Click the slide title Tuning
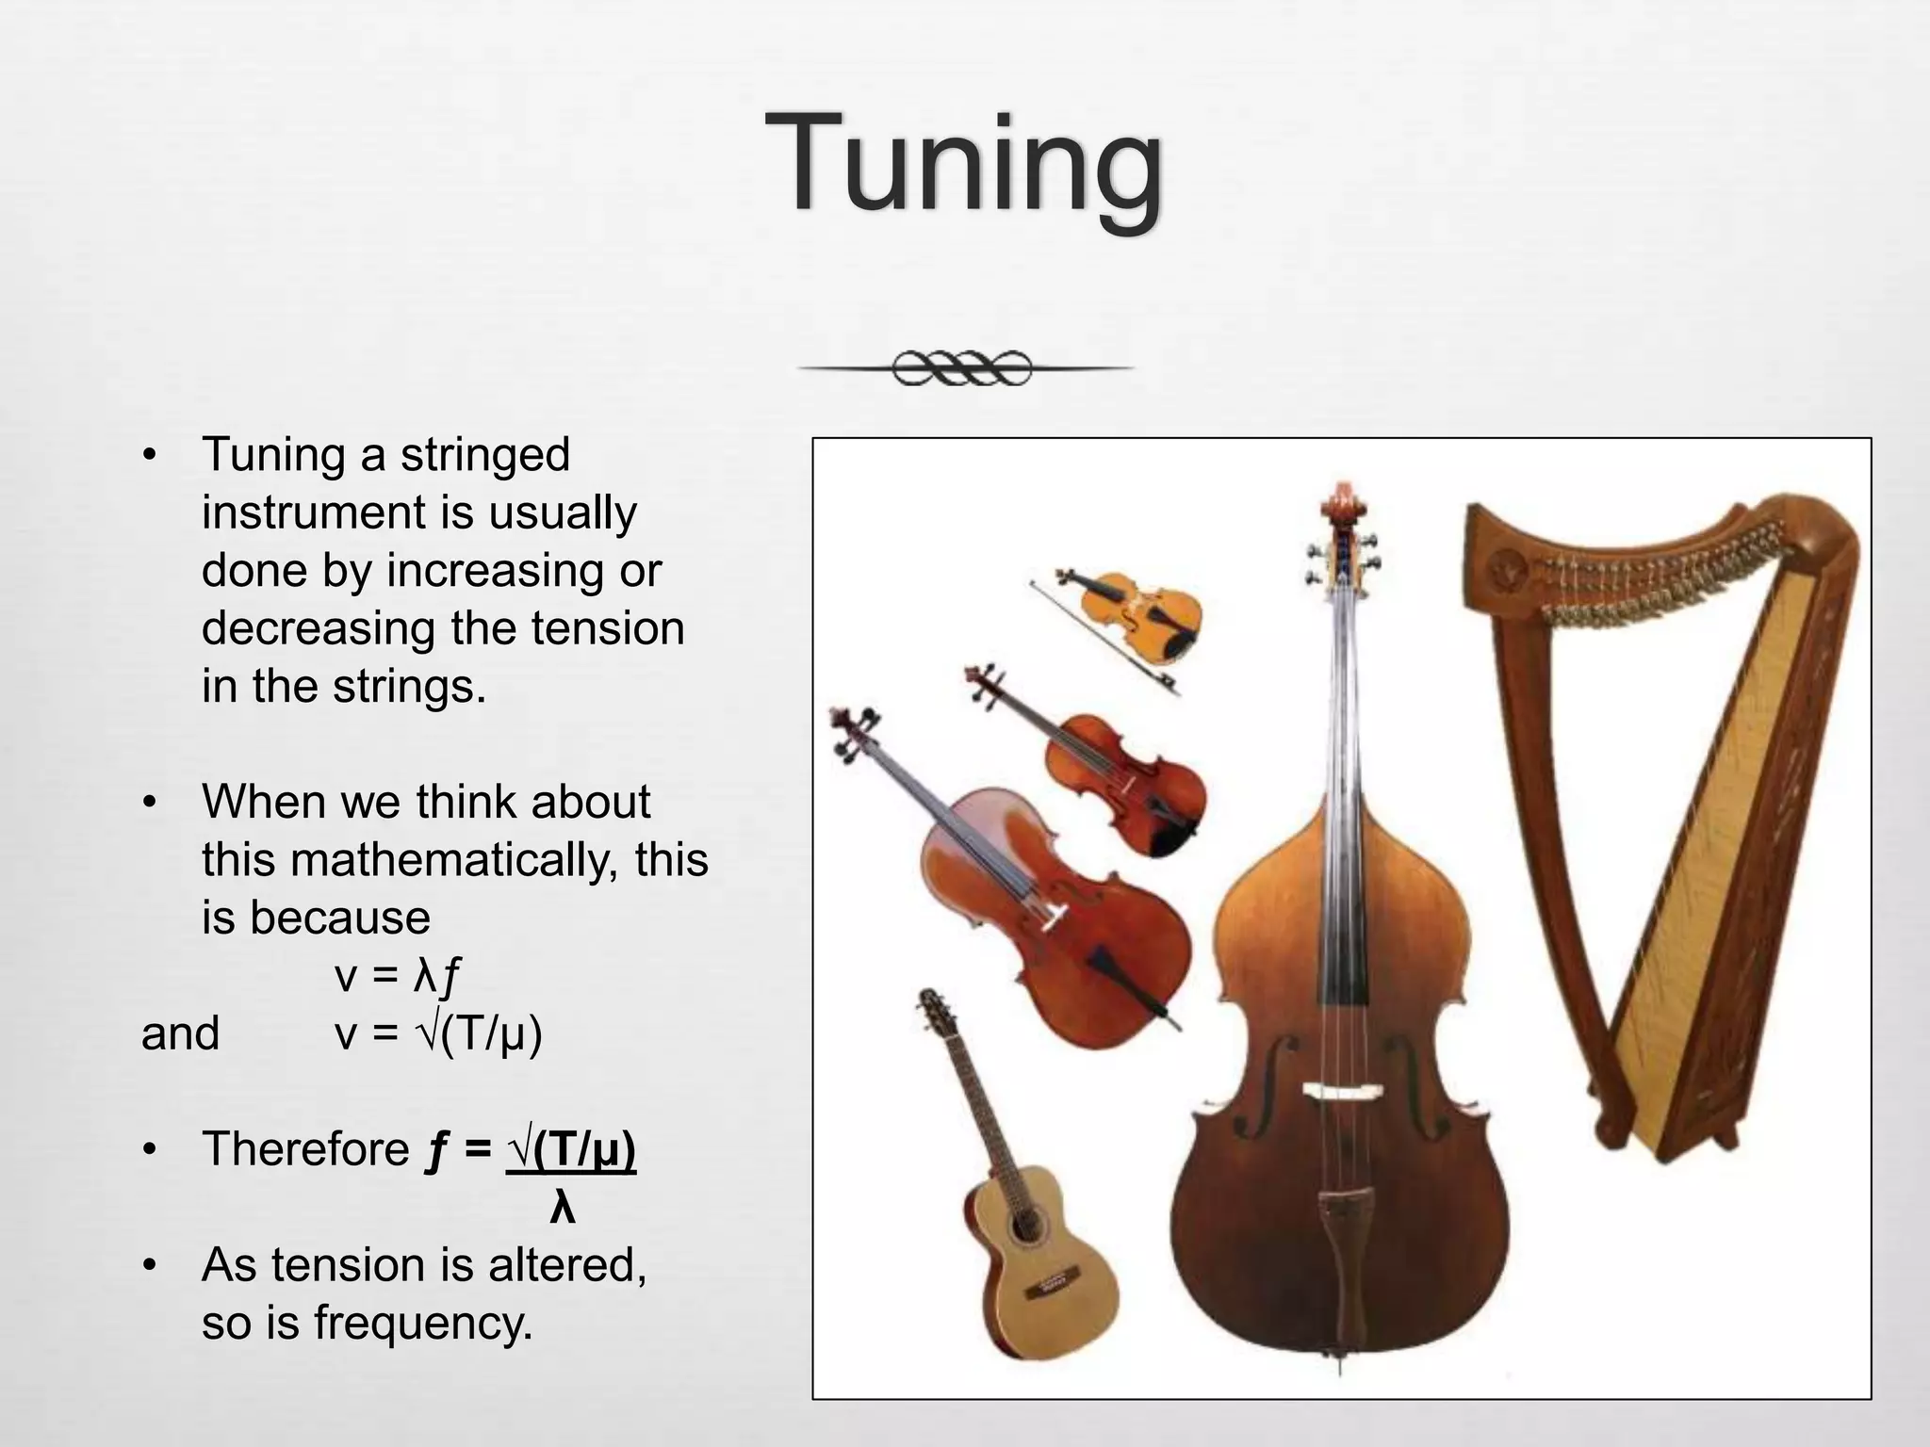[x=963, y=165]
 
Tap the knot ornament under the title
[x=962, y=367]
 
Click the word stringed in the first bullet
[x=484, y=455]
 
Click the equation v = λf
[x=397, y=976]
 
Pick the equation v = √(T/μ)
[x=438, y=1033]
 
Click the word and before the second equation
[x=180, y=1033]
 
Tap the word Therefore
[x=305, y=1149]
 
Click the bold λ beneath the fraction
[x=562, y=1207]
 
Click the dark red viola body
[x=1131, y=787]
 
